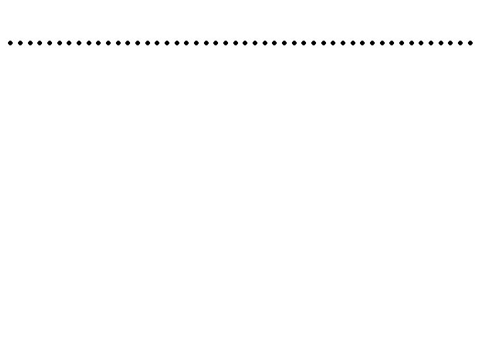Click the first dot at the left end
[x=10, y=43]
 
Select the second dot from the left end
[x=20, y=43]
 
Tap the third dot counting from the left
[x=29, y=43]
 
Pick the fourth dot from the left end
[x=39, y=43]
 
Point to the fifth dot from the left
[x=49, y=43]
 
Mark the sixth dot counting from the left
[x=59, y=43]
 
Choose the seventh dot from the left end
[x=69, y=43]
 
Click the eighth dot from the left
[x=79, y=43]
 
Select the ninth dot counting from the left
[x=88, y=43]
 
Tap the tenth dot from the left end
[x=98, y=43]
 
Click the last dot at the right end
[x=470, y=43]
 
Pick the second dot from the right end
[x=460, y=43]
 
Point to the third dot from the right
[x=451, y=43]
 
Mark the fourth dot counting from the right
[x=441, y=43]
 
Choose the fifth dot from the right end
[x=431, y=43]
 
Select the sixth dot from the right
[x=421, y=43]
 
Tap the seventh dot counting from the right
[x=411, y=43]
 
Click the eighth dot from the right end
[x=401, y=43]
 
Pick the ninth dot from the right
[x=392, y=43]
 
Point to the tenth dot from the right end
[x=382, y=43]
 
